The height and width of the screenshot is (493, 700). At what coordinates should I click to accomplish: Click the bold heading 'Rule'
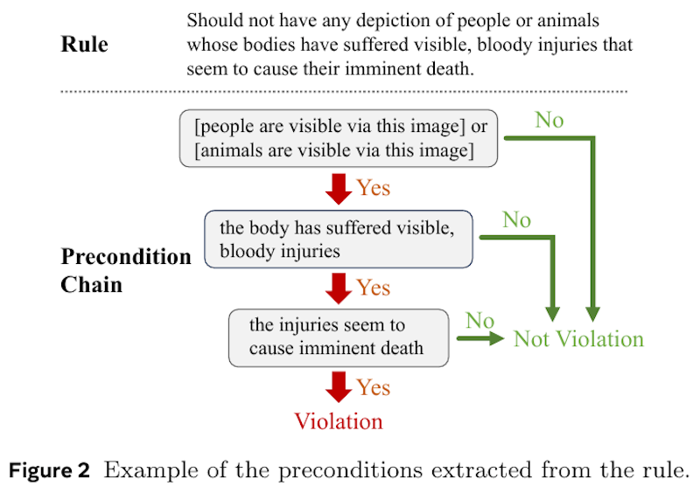[x=84, y=45]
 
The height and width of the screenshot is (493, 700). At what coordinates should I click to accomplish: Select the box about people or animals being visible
[x=339, y=138]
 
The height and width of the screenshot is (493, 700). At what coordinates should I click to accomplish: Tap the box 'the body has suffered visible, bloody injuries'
[x=339, y=240]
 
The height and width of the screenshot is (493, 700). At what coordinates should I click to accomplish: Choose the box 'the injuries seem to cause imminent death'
[x=339, y=337]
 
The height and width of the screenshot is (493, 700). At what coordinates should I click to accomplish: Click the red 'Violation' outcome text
[x=339, y=421]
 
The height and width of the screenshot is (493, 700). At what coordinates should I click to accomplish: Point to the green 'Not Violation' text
[x=578, y=339]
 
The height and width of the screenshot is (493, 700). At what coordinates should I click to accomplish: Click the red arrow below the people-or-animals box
[x=339, y=189]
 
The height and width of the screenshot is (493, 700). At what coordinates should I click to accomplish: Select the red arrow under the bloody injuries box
[x=339, y=288]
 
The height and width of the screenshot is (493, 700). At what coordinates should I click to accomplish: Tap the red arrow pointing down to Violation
[x=339, y=387]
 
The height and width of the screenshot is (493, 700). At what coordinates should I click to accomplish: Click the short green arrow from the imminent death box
[x=480, y=338]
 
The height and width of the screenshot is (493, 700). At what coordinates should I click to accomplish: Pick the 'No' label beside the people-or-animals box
[x=549, y=120]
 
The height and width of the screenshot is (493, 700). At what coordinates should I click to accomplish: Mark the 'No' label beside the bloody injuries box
[x=516, y=220]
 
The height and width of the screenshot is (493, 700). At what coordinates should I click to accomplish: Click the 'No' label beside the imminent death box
[x=479, y=321]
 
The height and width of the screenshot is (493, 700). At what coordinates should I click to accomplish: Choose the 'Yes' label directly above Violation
[x=374, y=387]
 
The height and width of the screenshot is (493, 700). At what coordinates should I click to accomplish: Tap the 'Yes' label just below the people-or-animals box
[x=374, y=188]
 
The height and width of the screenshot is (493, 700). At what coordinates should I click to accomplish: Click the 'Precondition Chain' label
[x=126, y=270]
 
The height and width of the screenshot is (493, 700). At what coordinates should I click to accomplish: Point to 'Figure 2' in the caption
[x=49, y=470]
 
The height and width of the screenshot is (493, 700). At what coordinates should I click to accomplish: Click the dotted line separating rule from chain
[x=344, y=92]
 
